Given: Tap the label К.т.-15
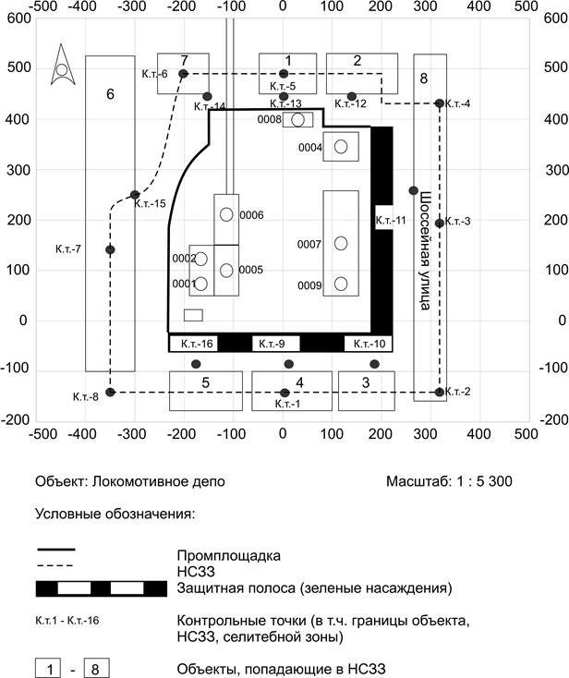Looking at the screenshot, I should (x=151, y=203).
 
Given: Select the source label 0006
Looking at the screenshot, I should (x=251, y=215).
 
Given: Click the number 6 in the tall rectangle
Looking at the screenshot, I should (x=110, y=94).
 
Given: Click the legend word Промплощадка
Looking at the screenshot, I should (x=228, y=556).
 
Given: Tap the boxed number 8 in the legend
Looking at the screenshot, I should (x=96, y=668).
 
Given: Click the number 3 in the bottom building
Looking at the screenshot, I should (x=366, y=382).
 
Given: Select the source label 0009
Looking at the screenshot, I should (x=309, y=285).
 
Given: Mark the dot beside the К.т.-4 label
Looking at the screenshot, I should (x=440, y=103).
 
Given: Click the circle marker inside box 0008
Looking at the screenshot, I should (x=297, y=120).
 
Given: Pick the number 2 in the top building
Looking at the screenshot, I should (x=357, y=61).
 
